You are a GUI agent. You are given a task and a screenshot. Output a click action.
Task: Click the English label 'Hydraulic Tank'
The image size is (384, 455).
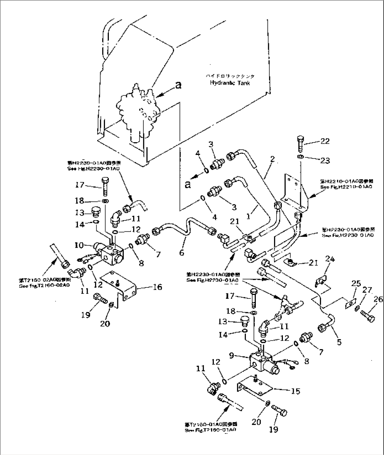(230, 83)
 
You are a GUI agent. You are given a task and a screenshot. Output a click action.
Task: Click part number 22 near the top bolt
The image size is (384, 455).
(324, 141)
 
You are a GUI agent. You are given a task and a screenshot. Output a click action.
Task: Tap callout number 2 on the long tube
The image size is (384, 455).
(272, 160)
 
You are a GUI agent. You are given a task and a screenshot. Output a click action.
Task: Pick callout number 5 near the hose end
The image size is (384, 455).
(339, 342)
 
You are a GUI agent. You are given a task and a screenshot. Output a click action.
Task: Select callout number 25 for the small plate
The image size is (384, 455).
(356, 283)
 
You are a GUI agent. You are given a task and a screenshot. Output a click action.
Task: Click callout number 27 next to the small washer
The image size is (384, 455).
(367, 290)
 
